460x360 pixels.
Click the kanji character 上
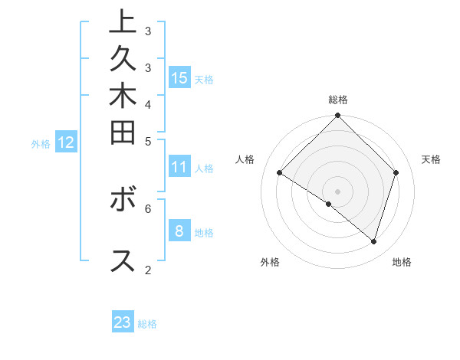(123, 21)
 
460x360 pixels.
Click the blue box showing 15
(179, 77)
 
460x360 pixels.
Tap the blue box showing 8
(179, 231)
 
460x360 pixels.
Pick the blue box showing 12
(66, 142)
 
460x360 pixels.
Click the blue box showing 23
(123, 322)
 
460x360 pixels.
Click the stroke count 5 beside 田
(148, 141)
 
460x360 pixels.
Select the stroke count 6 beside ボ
(148, 208)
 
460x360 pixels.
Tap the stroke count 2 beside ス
(148, 270)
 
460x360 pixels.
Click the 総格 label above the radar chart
(338, 100)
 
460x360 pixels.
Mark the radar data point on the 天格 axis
(396, 172)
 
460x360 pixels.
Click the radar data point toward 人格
(280, 172)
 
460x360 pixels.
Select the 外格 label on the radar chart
(270, 262)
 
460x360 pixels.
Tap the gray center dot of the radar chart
(337, 191)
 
